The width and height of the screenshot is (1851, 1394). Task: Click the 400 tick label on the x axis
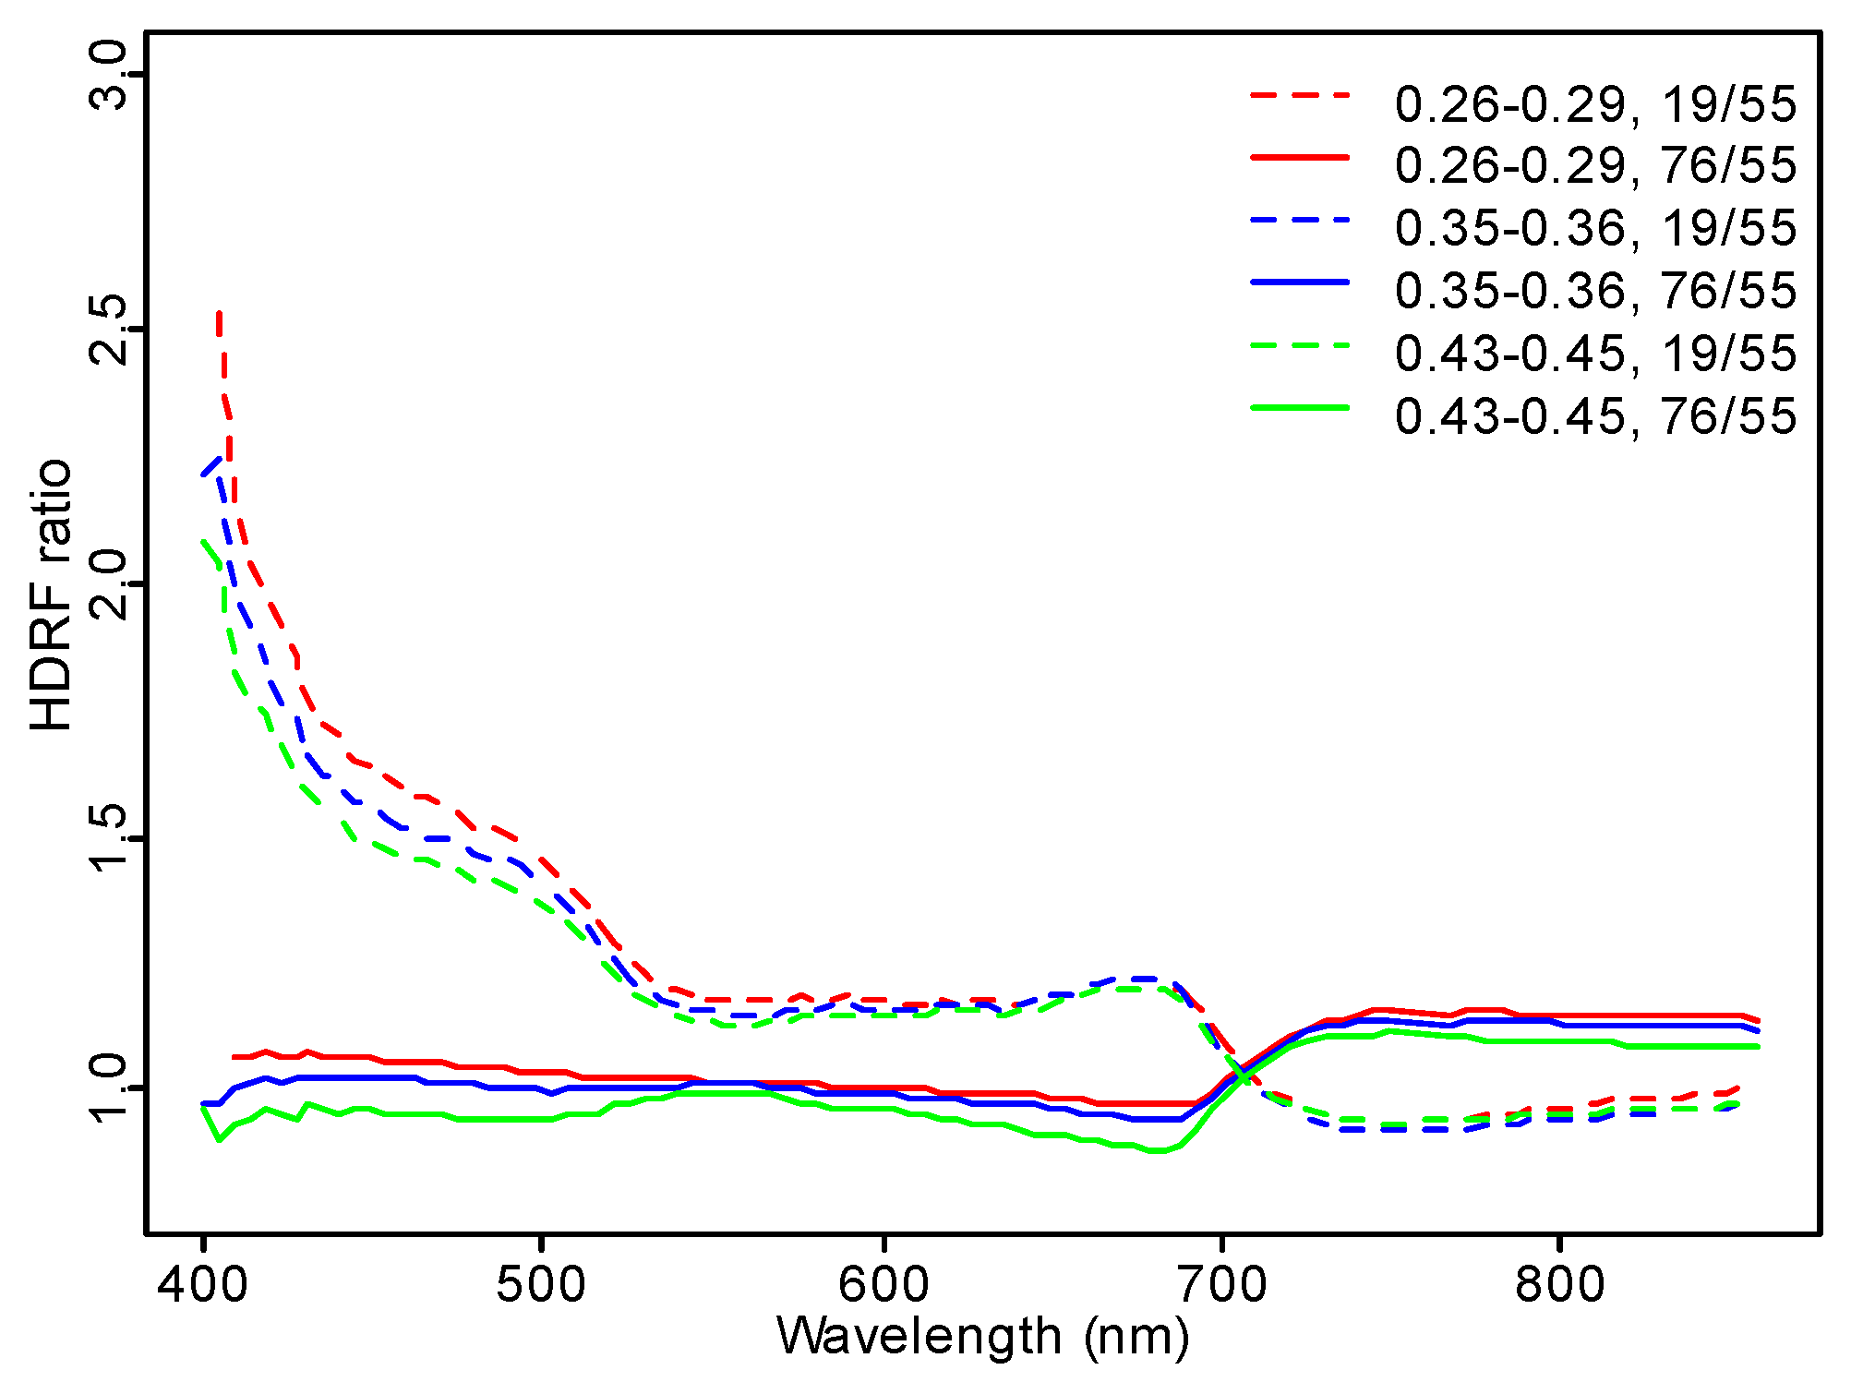[x=203, y=1285]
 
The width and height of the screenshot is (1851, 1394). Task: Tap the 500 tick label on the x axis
[x=541, y=1285]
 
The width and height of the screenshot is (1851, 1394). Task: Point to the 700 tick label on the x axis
[x=1222, y=1285]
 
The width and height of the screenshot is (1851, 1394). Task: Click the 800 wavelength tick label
[x=1560, y=1285]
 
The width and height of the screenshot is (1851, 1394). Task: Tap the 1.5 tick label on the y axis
[x=109, y=837]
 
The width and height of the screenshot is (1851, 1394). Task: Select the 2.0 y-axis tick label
[x=109, y=584]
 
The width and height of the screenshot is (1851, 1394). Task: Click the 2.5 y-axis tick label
[x=109, y=330]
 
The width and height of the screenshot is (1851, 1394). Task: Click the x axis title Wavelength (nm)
[x=983, y=1337]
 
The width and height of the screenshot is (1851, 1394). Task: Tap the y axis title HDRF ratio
[x=52, y=595]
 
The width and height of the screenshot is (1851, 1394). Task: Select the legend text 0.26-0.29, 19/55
[x=1595, y=104]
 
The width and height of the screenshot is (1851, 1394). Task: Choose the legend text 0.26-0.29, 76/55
[x=1595, y=166]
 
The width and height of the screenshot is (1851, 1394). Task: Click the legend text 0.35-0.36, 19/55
[x=1595, y=228]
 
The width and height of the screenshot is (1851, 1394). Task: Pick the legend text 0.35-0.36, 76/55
[x=1595, y=291]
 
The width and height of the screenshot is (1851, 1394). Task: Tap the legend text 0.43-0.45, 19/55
[x=1595, y=354]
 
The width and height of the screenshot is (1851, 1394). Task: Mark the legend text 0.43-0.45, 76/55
[x=1595, y=416]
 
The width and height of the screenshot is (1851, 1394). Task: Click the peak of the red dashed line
[x=219, y=314]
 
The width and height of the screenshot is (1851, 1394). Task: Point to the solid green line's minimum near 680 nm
[x=1158, y=1150]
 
